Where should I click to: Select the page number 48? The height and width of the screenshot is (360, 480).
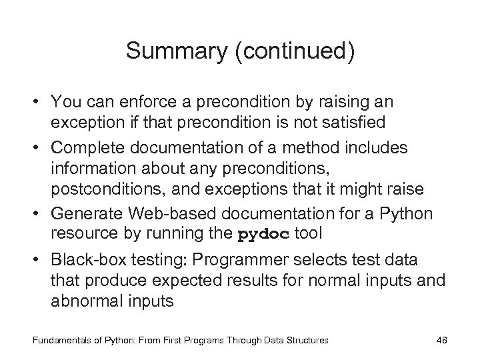tap(441, 340)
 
